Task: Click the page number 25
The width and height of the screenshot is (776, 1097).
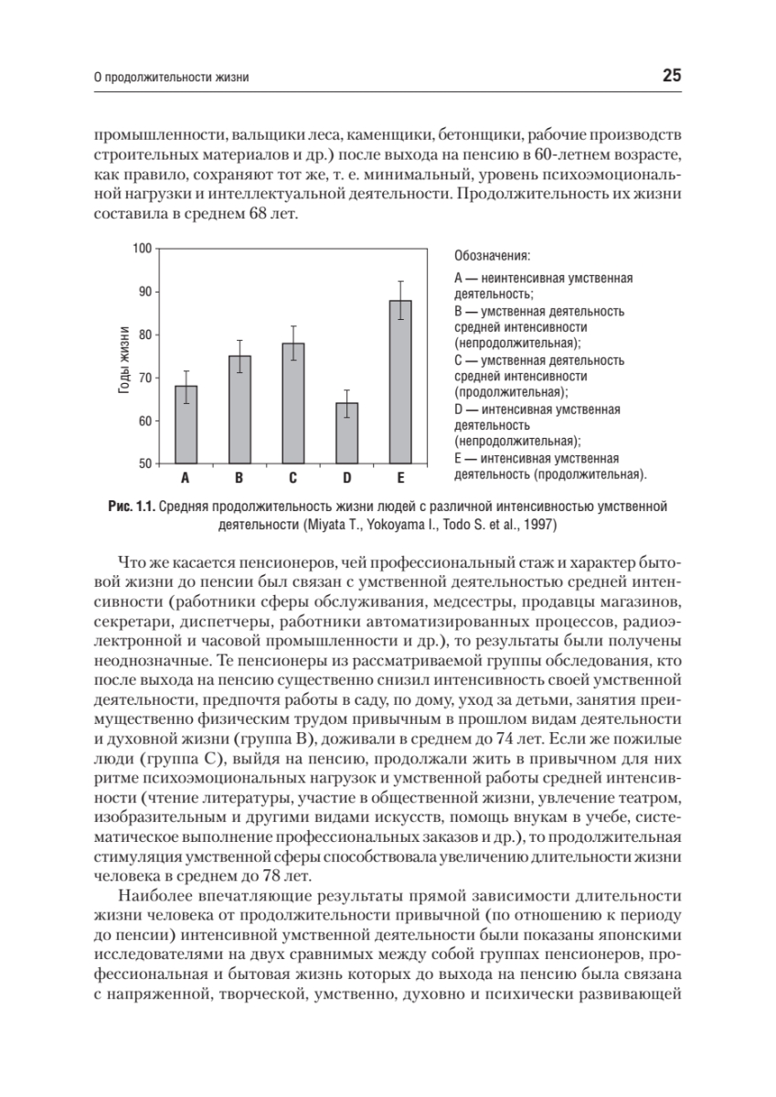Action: tap(671, 76)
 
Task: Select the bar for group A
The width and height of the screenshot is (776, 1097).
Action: tap(186, 425)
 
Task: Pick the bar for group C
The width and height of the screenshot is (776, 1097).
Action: tap(292, 403)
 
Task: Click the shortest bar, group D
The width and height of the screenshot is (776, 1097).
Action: tap(346, 433)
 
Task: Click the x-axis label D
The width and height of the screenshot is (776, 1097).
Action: tap(346, 478)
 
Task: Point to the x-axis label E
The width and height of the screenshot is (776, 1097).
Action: tap(400, 478)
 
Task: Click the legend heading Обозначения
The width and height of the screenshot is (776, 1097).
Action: tap(492, 255)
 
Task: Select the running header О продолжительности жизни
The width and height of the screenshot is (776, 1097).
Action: tap(173, 78)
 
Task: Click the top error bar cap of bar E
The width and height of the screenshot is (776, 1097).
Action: tap(400, 281)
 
